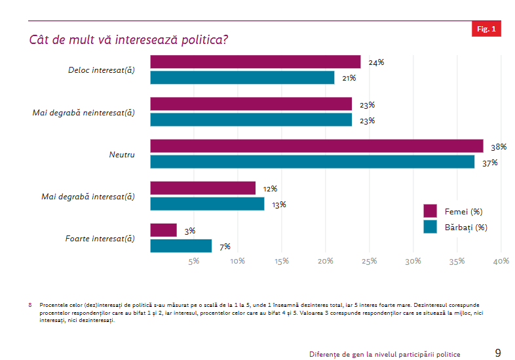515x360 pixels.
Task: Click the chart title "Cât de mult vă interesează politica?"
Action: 128,39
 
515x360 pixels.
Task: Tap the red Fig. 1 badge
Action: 486,29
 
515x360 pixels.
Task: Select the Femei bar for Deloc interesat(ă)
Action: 256,62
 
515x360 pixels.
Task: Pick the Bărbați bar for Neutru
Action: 313,162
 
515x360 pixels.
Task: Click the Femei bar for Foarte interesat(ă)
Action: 164,230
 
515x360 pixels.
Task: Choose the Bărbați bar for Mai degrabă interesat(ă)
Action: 207,204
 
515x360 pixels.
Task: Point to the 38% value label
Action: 499,147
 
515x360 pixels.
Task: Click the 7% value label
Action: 225,247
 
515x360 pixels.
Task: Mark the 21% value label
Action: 348,78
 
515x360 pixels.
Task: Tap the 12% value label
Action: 269,189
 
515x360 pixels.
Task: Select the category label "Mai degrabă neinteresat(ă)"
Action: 83,112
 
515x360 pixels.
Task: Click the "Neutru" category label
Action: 122,155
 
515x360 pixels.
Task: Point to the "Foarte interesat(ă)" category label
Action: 100,239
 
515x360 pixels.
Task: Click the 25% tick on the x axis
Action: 369,262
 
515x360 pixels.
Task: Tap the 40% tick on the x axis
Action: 501,262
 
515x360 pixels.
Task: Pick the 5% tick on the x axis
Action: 194,262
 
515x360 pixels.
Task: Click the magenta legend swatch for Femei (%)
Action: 430,211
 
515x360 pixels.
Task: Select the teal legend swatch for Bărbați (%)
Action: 430,227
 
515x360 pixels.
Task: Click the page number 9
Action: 498,353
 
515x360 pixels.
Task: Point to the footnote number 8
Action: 30,305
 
